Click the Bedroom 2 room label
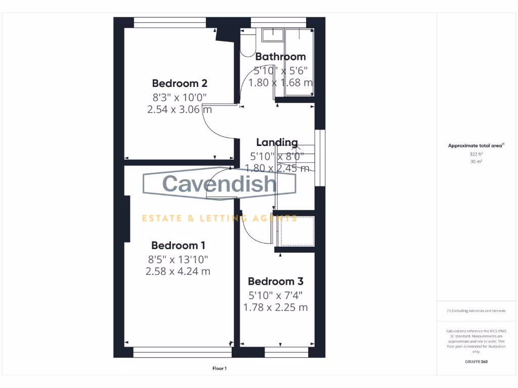click(180, 83)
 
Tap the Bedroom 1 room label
click(178, 246)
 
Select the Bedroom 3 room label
click(275, 281)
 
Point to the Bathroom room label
click(280, 57)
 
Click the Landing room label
click(277, 142)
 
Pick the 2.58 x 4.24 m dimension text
click(178, 271)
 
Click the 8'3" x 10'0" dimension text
click(180, 97)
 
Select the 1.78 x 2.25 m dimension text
click(275, 307)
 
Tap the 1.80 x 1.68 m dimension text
click(280, 82)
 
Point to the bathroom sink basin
click(272, 34)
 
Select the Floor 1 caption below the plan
click(220, 369)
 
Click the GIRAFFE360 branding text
click(476, 362)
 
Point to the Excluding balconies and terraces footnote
click(476, 311)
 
